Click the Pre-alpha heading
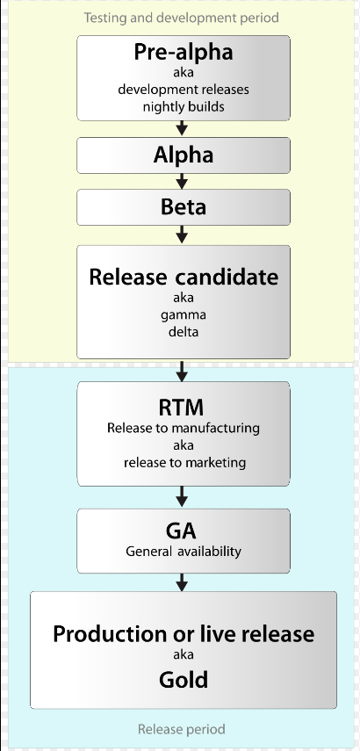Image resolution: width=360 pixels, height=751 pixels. pyautogui.click(x=184, y=52)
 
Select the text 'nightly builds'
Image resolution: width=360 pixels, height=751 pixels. pyautogui.click(x=184, y=107)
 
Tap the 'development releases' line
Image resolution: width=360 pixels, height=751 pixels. pyautogui.click(x=184, y=90)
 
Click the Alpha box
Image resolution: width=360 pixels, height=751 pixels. pyautogui.click(x=184, y=155)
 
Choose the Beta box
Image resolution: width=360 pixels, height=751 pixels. pyautogui.click(x=184, y=207)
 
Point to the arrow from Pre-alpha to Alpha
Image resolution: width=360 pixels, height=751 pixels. pyautogui.click(x=182, y=128)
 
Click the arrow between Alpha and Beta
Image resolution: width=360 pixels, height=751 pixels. pyautogui.click(x=182, y=181)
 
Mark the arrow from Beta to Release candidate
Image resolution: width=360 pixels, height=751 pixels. pyautogui.click(x=182, y=235)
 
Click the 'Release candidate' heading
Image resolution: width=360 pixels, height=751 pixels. pyautogui.click(x=184, y=278)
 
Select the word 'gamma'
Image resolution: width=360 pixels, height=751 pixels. pyautogui.click(x=184, y=315)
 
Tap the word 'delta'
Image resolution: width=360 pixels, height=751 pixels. pyautogui.click(x=184, y=331)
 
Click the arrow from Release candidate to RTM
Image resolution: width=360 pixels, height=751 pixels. pyautogui.click(x=182, y=371)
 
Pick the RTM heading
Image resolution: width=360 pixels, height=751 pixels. pyautogui.click(x=182, y=408)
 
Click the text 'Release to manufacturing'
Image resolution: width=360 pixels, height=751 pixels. pyautogui.click(x=184, y=428)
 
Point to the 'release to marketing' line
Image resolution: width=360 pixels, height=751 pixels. pyautogui.click(x=184, y=463)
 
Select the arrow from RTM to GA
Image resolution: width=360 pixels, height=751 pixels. pyautogui.click(x=182, y=496)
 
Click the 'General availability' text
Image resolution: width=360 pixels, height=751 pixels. pyautogui.click(x=184, y=552)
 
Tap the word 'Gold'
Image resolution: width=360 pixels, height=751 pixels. pyautogui.click(x=184, y=680)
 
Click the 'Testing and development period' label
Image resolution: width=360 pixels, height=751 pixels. pyautogui.click(x=182, y=18)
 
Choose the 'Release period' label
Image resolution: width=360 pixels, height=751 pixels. pyautogui.click(x=182, y=729)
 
